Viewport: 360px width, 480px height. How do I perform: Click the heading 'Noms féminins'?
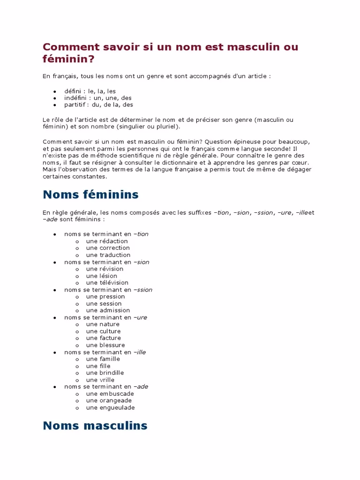[90, 194]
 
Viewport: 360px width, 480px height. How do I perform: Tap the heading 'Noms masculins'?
[95, 426]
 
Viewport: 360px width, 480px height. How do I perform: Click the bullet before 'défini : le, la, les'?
[54, 91]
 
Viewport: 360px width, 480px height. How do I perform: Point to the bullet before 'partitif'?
[54, 105]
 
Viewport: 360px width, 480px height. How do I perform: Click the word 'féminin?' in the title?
[68, 60]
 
